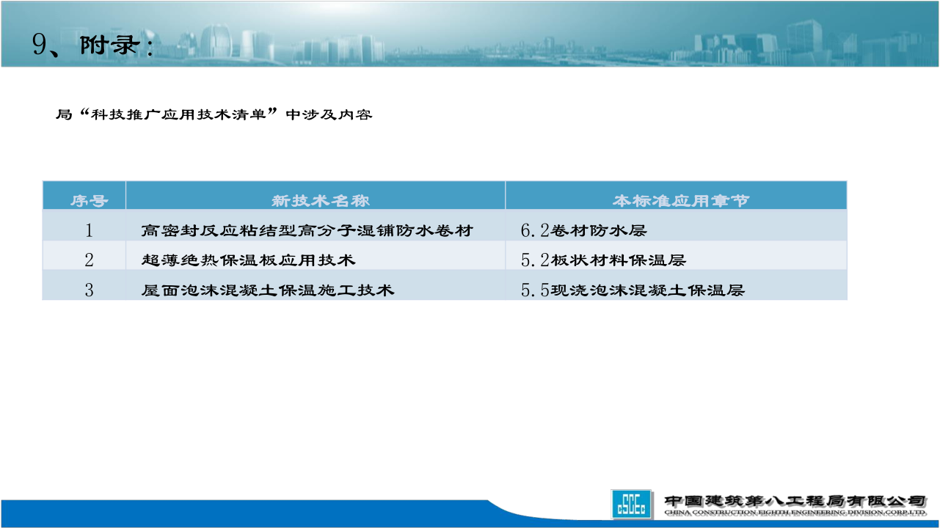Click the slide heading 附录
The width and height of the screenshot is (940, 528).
click(x=110, y=45)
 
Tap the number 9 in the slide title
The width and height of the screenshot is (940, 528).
click(x=39, y=45)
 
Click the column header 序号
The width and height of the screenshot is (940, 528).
click(x=89, y=201)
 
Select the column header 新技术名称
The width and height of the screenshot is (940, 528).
click(x=321, y=201)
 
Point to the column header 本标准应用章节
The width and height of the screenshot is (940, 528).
click(x=681, y=201)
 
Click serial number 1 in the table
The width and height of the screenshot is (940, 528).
click(x=89, y=230)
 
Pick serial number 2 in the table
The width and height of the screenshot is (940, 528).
click(x=89, y=260)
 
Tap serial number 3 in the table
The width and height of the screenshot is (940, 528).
click(x=89, y=290)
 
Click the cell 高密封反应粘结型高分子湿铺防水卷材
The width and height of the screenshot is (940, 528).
click(x=307, y=230)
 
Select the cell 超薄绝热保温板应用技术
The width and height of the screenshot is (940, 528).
click(x=249, y=260)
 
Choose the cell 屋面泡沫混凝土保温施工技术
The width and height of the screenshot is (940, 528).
click(x=268, y=290)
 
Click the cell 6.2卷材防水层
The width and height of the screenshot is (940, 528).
click(x=583, y=230)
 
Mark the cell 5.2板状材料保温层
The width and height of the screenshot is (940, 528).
click(x=603, y=260)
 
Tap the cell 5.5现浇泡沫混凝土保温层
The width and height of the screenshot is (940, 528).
click(x=633, y=290)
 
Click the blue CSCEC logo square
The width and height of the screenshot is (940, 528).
click(x=631, y=504)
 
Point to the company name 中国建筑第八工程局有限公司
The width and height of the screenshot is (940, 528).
click(x=795, y=501)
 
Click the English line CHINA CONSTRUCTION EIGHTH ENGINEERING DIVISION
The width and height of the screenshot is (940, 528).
click(x=795, y=513)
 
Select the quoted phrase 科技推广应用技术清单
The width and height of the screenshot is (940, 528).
click(x=178, y=114)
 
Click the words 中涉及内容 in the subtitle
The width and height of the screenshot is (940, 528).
click(x=329, y=114)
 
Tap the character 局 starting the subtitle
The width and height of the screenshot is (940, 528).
click(x=64, y=114)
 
